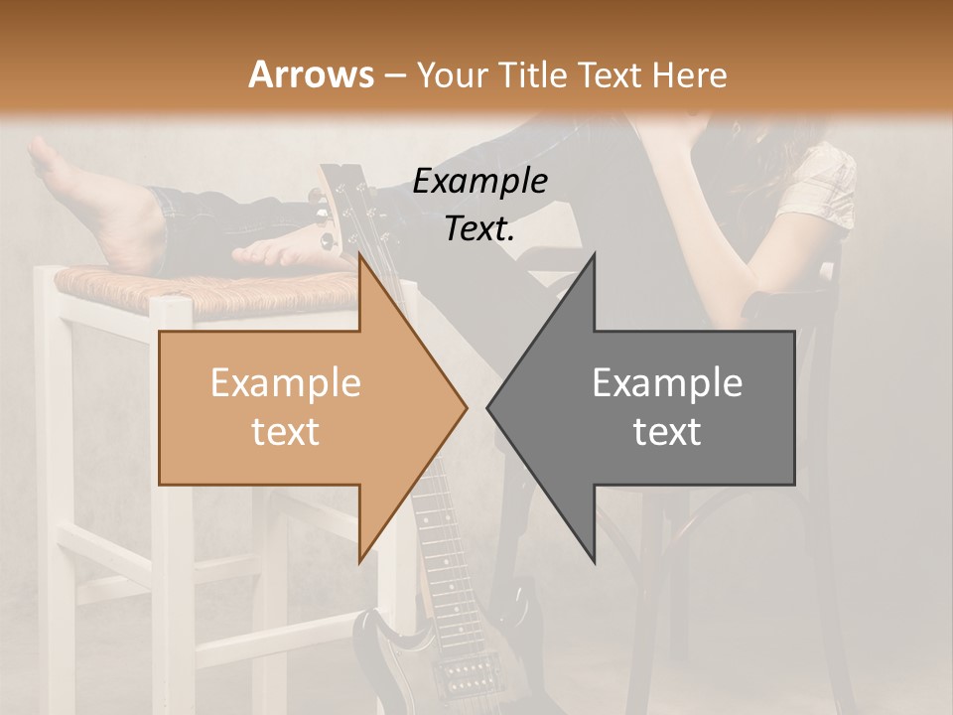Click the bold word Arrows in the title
click(x=311, y=74)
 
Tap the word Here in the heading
click(x=692, y=74)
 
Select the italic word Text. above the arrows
click(x=479, y=228)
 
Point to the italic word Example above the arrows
click(x=479, y=182)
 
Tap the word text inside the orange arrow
click(x=285, y=432)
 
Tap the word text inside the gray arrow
click(x=667, y=432)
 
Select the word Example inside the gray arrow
click(x=667, y=383)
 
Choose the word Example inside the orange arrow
click(x=285, y=383)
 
